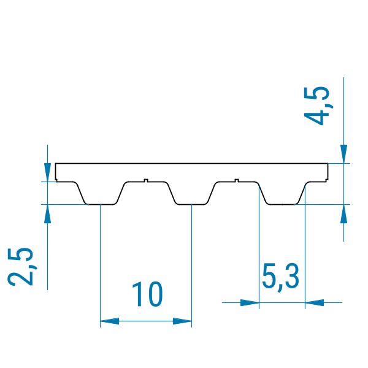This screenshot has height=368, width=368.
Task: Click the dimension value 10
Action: coord(147,295)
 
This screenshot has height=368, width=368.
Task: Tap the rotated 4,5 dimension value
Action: coord(320,105)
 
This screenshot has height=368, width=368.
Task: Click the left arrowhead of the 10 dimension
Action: coord(108,320)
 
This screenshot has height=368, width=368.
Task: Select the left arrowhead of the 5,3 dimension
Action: coord(250,302)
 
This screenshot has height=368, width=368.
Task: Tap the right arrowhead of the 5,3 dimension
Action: coord(313,302)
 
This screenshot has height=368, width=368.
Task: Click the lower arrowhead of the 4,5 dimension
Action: coord(344,213)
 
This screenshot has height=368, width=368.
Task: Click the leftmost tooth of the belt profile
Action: coord(101,194)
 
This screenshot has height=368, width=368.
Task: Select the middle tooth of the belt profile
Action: coord(191,194)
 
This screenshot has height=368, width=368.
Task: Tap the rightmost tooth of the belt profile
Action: coord(282,194)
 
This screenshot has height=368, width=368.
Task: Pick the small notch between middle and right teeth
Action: coord(237,180)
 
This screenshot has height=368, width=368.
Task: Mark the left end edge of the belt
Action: coord(56,172)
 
